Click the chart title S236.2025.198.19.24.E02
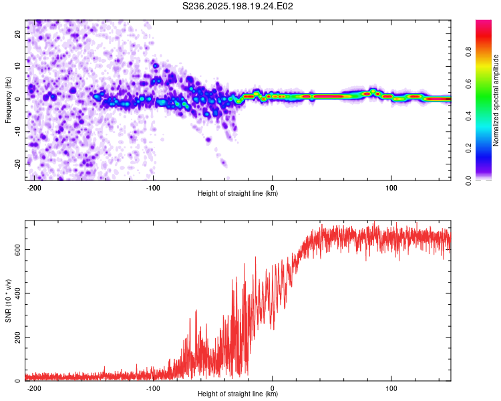pos(237,6)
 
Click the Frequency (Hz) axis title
pos(8,100)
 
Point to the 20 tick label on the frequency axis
pos(18,33)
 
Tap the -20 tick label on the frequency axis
pos(18,164)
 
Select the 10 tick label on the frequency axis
pos(18,66)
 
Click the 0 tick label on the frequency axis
pos(18,99)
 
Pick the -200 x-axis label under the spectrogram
pos(33,188)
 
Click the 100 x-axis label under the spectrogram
pos(391,188)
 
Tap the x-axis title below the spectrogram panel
pos(238,193)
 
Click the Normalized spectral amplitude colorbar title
pos(496,100)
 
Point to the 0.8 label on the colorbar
pos(468,52)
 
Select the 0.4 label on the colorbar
pos(468,116)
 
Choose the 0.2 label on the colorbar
pos(468,148)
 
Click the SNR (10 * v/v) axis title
pos(8,301)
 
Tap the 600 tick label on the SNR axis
pos(18,250)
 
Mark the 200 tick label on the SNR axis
pos(18,337)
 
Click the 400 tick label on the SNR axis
pos(18,293)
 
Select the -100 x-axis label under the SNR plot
pos(153,388)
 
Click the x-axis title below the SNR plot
pos(238,394)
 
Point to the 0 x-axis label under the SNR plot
pos(273,388)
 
